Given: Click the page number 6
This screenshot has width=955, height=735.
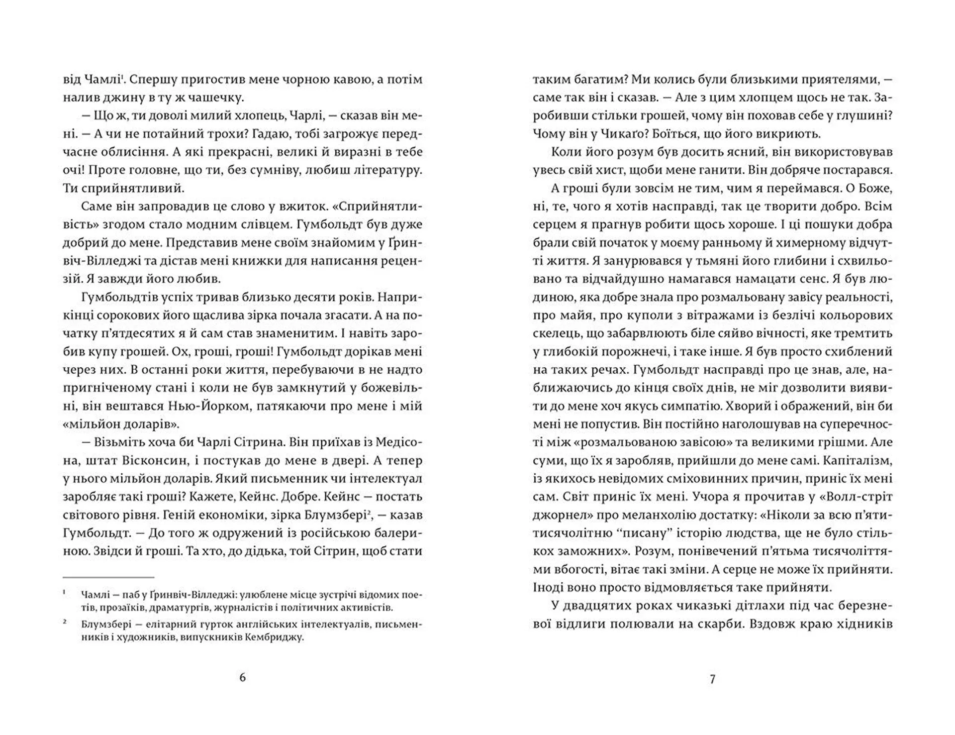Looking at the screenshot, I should pyautogui.click(x=242, y=677).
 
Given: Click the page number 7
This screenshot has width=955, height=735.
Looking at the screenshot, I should pyautogui.click(x=712, y=679).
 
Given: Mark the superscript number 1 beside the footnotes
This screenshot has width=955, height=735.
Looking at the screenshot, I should pyautogui.click(x=65, y=594).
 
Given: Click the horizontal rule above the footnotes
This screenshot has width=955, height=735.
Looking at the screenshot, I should pyautogui.click(x=108, y=577).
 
